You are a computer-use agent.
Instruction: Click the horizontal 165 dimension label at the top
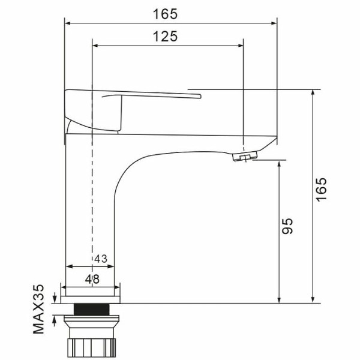tap(170, 13)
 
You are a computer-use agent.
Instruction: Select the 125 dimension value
tap(166, 36)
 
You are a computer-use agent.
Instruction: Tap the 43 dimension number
tap(100, 259)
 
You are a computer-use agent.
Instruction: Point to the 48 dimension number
tap(91, 278)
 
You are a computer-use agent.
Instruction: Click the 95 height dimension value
tap(287, 226)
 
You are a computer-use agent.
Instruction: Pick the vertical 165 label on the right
tap(322, 190)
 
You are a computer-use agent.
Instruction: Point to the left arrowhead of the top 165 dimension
tap(68, 23)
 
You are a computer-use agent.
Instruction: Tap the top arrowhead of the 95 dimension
tap(280, 164)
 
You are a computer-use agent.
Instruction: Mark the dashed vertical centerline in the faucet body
tap(92, 198)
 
